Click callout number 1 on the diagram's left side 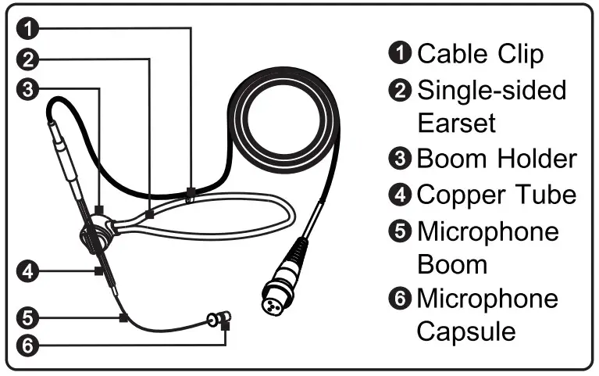(27, 29)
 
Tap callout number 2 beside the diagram (27, 59)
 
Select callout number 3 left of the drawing (27, 89)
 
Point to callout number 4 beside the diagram (27, 271)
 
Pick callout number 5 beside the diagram (27, 317)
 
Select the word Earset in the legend (457, 123)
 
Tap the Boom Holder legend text (496, 158)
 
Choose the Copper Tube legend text (496, 193)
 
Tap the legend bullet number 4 (399, 194)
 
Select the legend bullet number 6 (399, 299)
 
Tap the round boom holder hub (96, 235)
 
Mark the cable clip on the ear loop (190, 193)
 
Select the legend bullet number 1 (399, 54)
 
